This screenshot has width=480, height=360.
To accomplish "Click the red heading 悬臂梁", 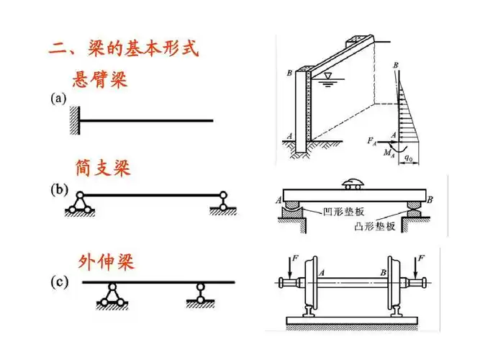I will pos(100,79).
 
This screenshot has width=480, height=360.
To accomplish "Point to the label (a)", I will pos(58,99).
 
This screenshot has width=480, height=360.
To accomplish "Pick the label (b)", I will pos(58,190).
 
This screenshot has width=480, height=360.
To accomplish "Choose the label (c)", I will pos(58,282).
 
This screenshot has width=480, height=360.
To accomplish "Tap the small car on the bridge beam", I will pos(353,181).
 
